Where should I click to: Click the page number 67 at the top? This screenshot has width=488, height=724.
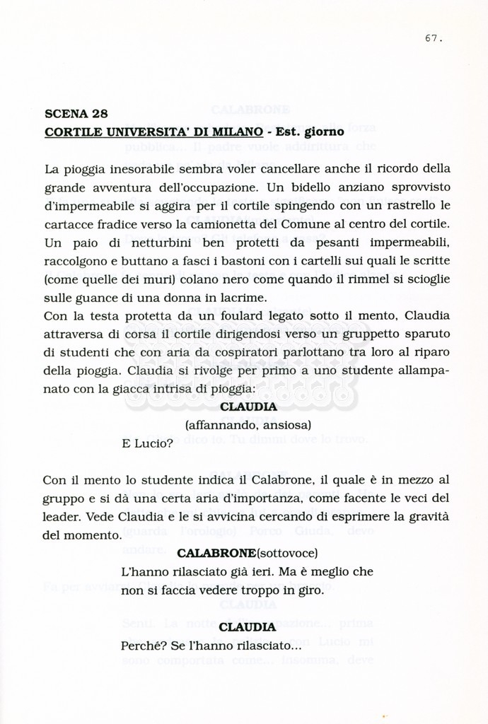433,39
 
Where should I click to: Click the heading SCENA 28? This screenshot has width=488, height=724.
76,113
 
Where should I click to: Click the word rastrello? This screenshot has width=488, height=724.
412,206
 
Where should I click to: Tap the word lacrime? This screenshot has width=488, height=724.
238,298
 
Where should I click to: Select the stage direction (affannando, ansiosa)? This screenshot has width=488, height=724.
248,426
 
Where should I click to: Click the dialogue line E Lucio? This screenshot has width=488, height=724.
147,444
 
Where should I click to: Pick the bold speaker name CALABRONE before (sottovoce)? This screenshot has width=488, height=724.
216,553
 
